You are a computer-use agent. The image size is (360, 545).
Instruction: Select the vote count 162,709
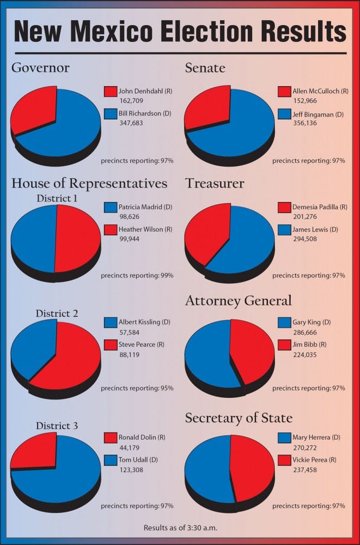131,100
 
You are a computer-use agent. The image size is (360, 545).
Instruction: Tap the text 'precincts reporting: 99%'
137,275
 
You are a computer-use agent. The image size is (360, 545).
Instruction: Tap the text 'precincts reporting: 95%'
137,388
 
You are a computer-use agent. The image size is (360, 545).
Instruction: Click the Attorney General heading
238,300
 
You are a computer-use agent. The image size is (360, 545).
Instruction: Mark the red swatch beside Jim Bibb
284,345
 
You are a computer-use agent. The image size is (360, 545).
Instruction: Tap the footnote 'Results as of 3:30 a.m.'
180,528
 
